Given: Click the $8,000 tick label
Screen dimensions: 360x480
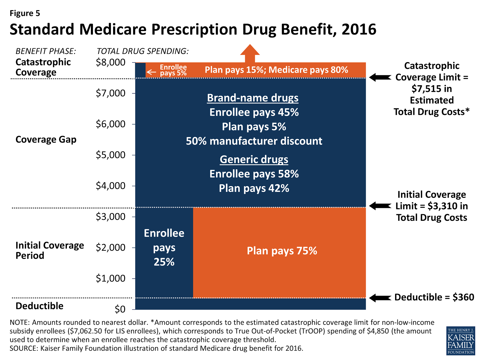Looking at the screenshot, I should coord(110,62).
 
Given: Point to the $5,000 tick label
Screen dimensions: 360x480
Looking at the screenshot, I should coord(110,155).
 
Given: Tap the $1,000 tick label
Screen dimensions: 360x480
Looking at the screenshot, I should coord(110,278).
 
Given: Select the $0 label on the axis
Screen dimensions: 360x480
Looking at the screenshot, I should coord(120,309).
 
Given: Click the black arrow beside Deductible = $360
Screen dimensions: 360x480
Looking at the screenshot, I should coord(380,298).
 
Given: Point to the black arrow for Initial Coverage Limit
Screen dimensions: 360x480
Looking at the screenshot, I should coord(380,206).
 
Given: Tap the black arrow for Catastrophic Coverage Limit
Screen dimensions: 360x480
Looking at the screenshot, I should coord(380,77).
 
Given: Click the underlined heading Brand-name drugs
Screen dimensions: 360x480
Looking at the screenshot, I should coord(253,98).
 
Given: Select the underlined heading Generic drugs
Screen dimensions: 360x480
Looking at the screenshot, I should coord(254,159).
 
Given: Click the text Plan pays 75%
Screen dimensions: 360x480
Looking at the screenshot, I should coord(282,251).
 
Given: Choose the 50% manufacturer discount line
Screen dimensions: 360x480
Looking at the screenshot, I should coord(254,141).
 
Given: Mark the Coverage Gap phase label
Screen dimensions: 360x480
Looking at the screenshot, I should coord(46,139).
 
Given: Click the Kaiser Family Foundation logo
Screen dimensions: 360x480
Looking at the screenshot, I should coord(460,341).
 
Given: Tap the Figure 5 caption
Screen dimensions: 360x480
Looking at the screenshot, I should coord(25,13).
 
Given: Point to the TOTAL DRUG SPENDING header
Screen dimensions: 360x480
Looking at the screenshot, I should coord(142,51).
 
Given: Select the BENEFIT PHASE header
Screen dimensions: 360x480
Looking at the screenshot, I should coord(46,51).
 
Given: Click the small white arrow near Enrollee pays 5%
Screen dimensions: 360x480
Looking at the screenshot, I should coord(151,72).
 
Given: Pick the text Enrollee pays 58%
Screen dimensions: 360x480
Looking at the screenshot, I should coord(254,174).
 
